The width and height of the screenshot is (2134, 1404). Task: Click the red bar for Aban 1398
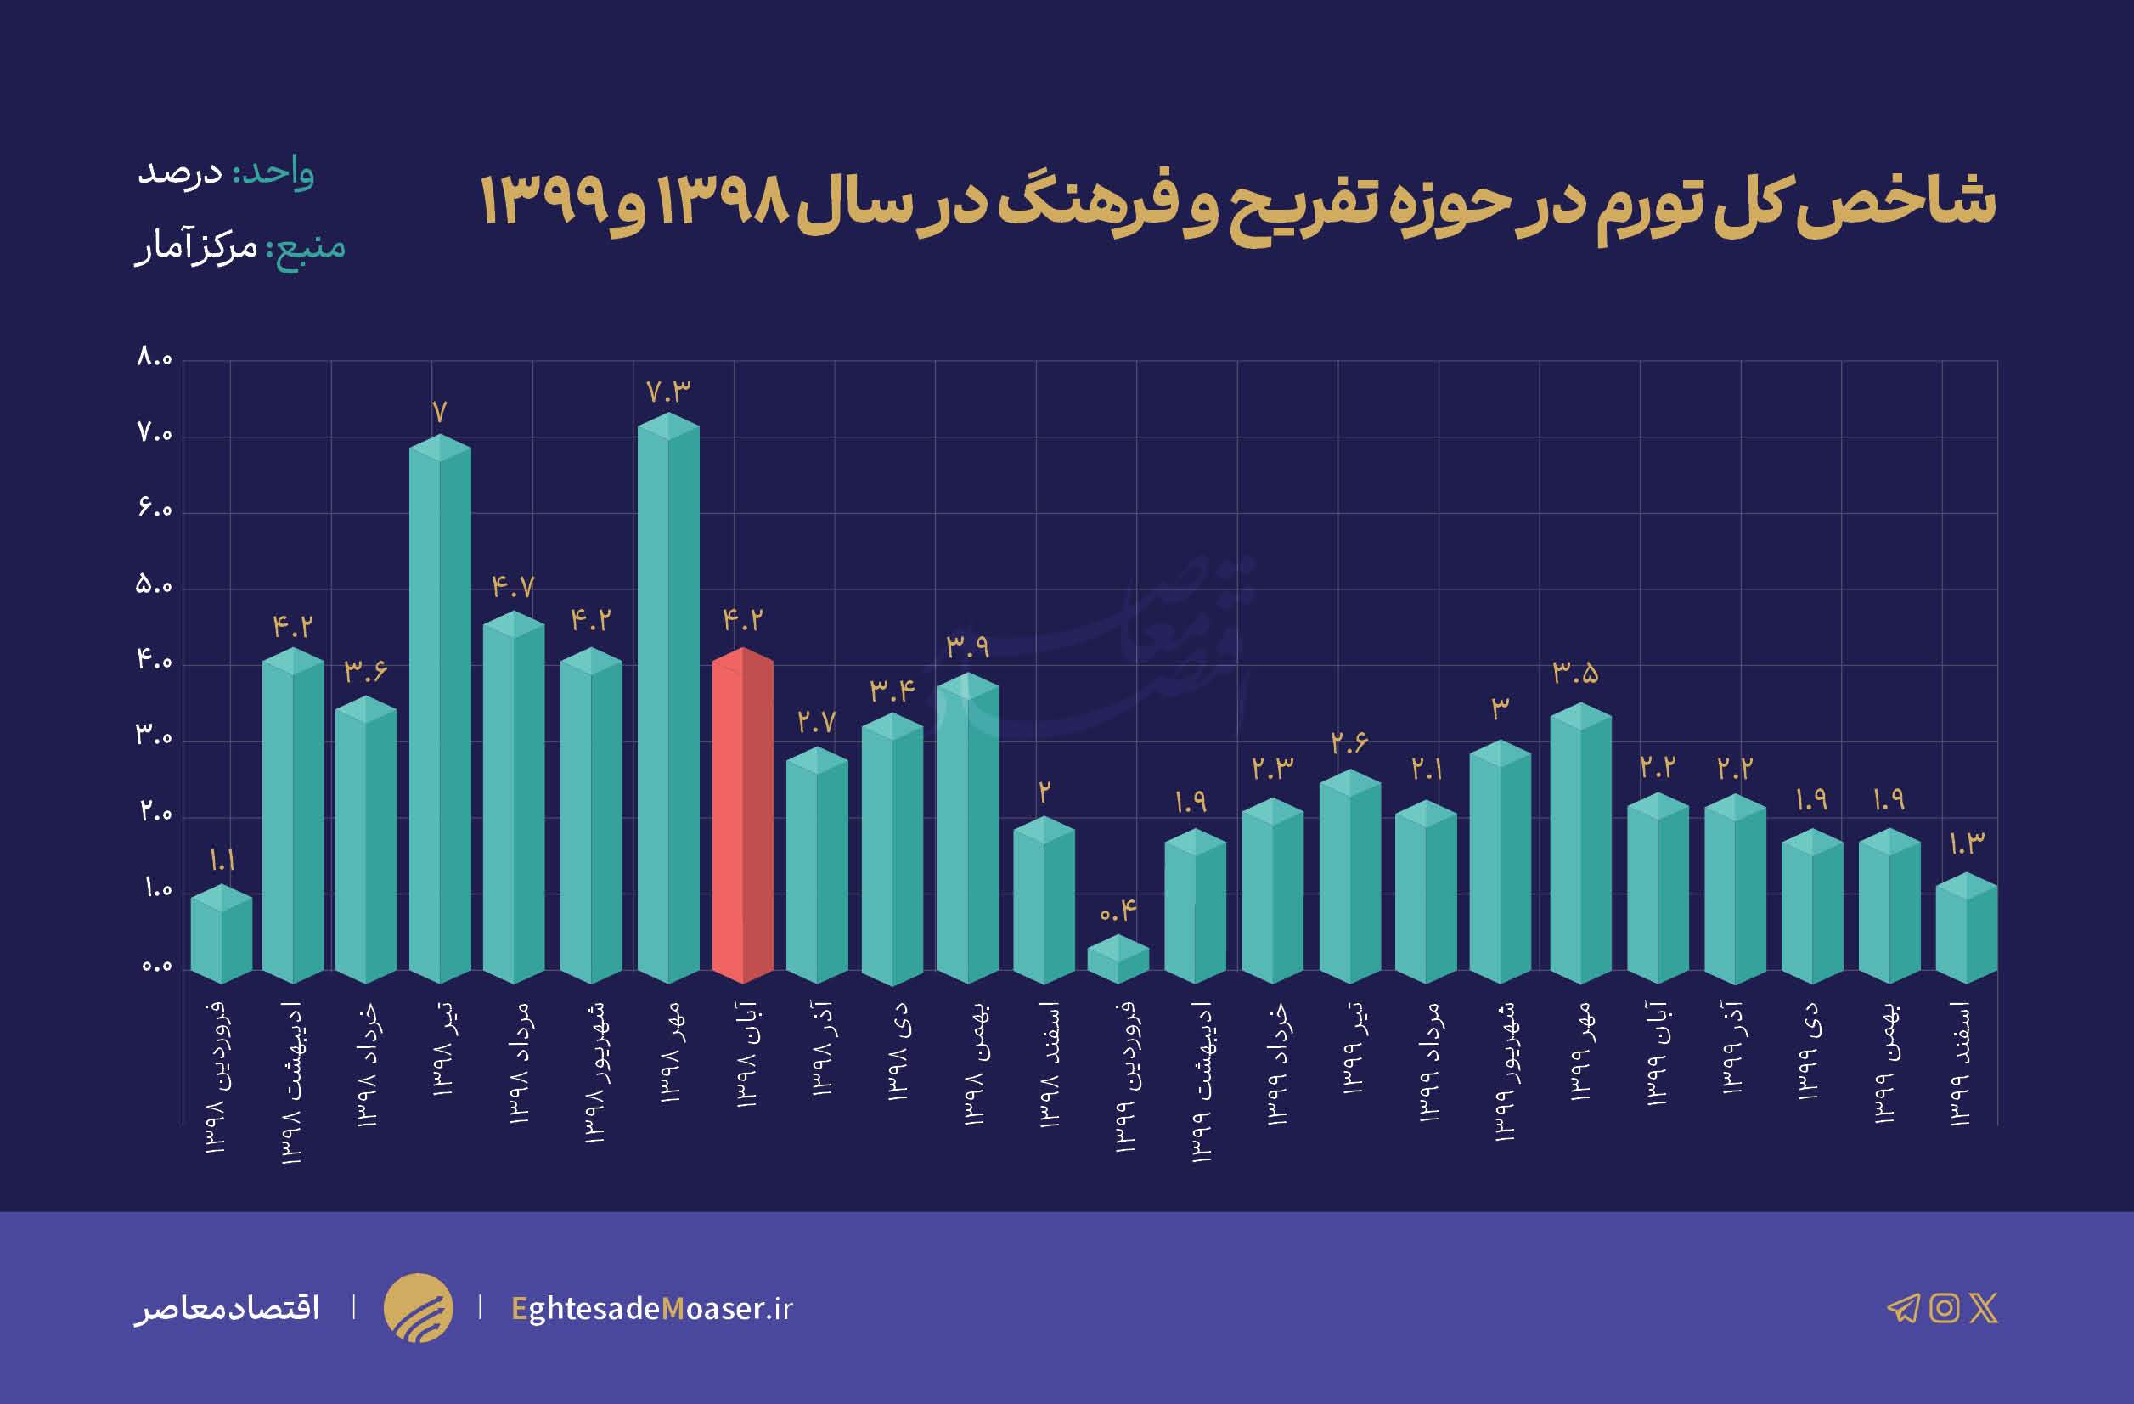click(742, 816)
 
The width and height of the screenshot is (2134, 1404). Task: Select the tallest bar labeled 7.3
click(668, 699)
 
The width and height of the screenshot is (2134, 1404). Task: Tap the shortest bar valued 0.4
click(1118, 959)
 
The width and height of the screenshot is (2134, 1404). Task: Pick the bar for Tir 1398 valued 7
click(439, 708)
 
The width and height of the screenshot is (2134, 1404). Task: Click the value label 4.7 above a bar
click(513, 587)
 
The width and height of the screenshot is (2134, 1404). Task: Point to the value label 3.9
click(967, 646)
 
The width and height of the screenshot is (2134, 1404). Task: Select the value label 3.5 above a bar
click(1575, 674)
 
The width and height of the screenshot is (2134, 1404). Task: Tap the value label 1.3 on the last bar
click(1968, 843)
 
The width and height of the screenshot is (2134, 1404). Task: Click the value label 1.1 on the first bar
click(222, 861)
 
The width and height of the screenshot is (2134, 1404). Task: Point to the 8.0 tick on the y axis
click(155, 358)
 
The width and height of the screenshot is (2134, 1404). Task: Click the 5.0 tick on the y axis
click(154, 586)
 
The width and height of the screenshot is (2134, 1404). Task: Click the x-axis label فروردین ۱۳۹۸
click(219, 1076)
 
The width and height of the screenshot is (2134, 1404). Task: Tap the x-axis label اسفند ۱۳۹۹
click(1960, 1063)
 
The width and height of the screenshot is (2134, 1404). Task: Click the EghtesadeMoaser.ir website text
click(652, 1308)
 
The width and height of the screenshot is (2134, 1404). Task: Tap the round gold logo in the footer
click(418, 1308)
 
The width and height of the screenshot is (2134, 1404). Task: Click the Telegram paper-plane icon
click(1903, 1308)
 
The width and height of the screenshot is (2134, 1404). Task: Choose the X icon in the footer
click(1984, 1308)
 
